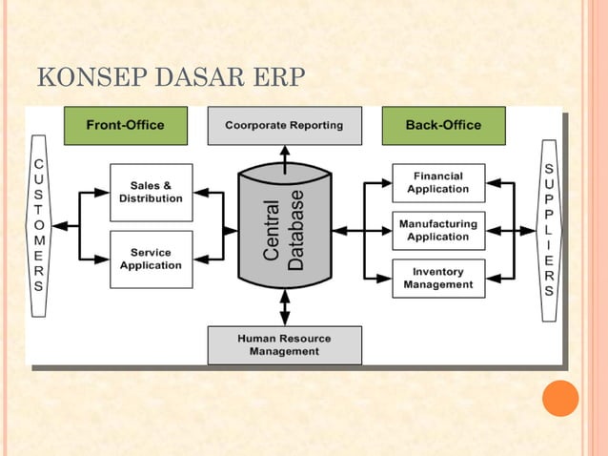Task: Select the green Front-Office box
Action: [x=125, y=125]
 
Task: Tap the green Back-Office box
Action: [x=443, y=125]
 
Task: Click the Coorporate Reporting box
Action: [x=284, y=125]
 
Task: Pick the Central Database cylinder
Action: [x=284, y=229]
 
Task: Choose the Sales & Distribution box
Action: [x=151, y=192]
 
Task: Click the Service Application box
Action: [x=151, y=259]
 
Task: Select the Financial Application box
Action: [x=438, y=182]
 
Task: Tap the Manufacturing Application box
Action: [x=438, y=230]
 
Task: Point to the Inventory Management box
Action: [x=438, y=278]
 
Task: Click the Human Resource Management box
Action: [x=284, y=344]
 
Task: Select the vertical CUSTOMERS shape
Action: [x=38, y=225]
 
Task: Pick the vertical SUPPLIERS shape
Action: [x=549, y=230]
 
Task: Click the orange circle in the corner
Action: [x=560, y=398]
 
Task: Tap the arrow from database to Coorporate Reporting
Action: [x=284, y=155]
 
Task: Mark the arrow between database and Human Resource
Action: [x=284, y=307]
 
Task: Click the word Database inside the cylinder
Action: [x=296, y=230]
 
